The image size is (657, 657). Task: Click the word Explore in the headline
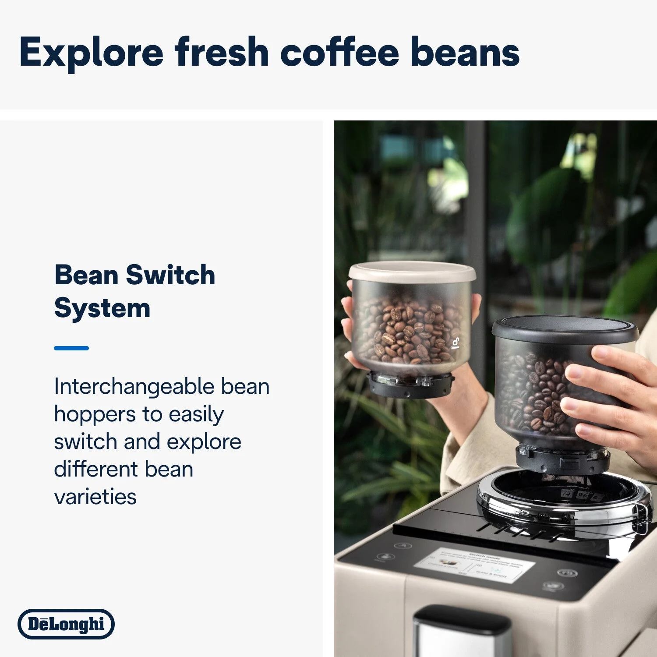point(91,53)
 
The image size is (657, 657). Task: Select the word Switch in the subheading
point(170,276)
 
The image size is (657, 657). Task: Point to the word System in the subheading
point(102,308)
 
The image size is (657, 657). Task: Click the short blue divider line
point(71,348)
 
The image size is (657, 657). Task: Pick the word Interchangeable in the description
point(134,387)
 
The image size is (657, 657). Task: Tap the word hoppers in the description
point(95,414)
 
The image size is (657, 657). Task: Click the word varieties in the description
point(95,497)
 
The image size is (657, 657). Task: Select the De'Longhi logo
point(66,624)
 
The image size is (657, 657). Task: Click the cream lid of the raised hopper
point(412,272)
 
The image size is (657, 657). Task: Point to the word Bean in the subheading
point(86,276)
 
